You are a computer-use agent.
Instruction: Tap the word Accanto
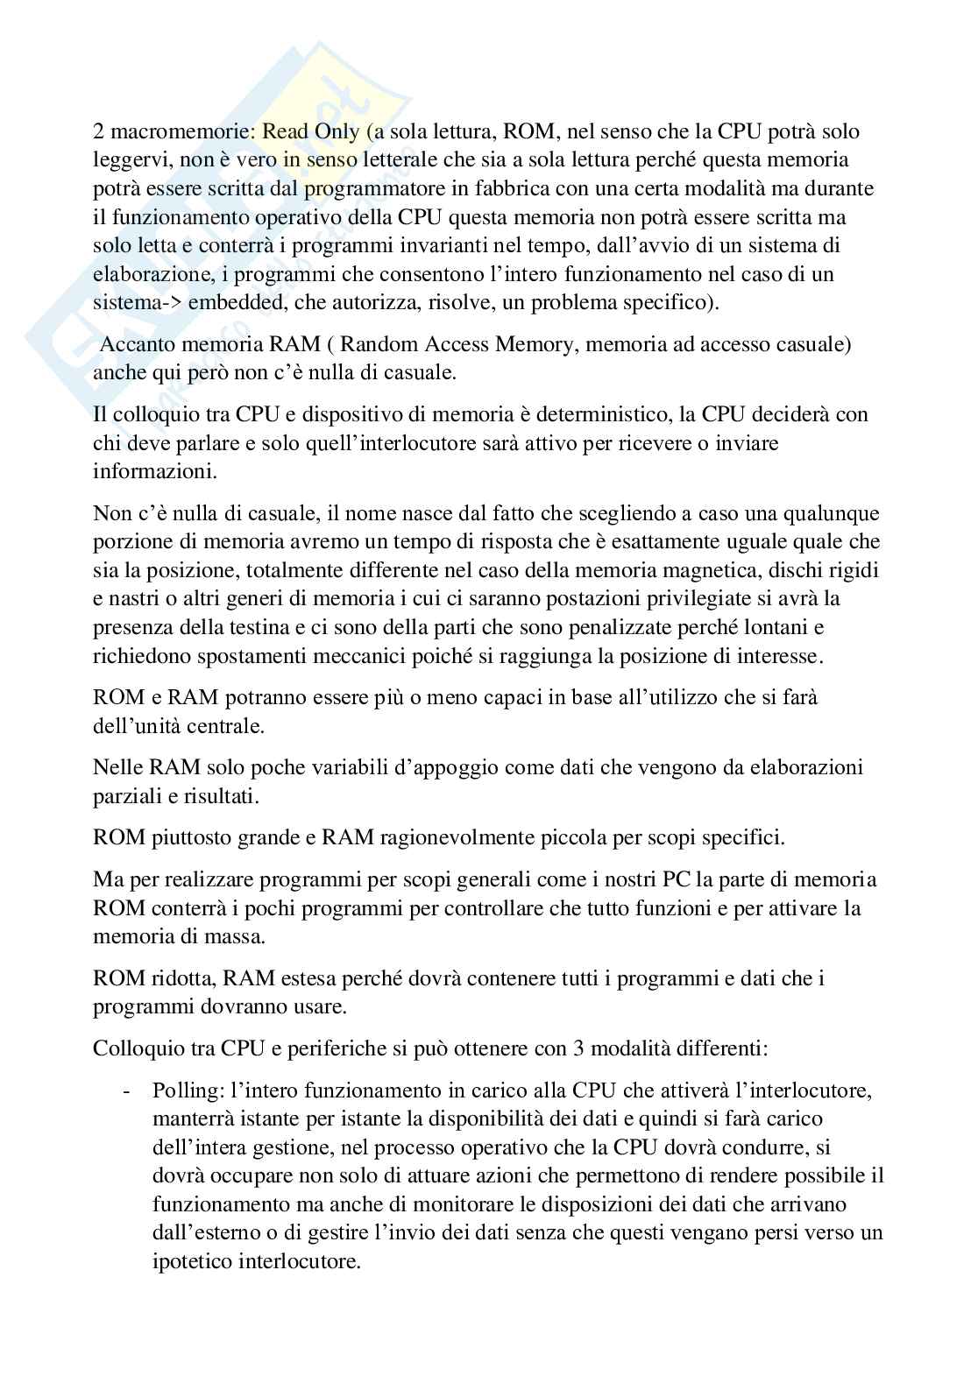tap(134, 344)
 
